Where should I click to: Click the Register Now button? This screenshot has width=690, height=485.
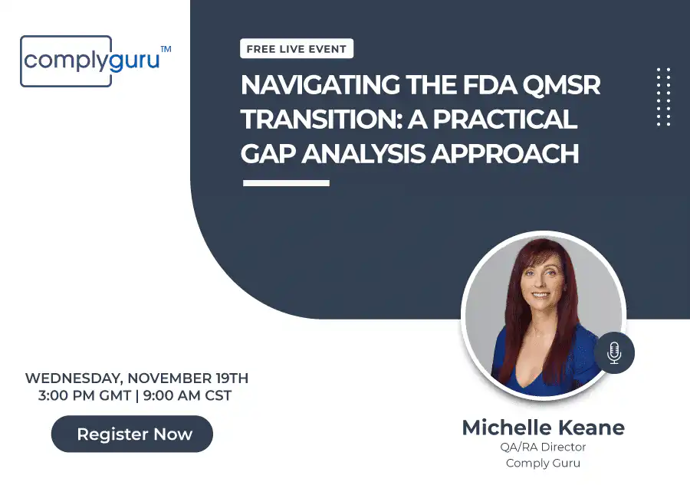point(132,434)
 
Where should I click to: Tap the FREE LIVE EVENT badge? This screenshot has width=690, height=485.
point(296,49)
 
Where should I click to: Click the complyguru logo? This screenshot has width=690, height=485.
point(90,61)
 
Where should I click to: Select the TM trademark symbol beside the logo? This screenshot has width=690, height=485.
point(166,49)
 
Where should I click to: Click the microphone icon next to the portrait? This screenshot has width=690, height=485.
point(613,352)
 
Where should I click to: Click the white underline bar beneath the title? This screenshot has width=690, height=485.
point(286,183)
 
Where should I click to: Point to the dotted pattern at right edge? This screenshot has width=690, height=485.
point(663,96)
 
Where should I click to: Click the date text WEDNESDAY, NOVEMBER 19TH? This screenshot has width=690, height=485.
point(136,378)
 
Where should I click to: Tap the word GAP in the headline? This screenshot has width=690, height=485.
point(268,153)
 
